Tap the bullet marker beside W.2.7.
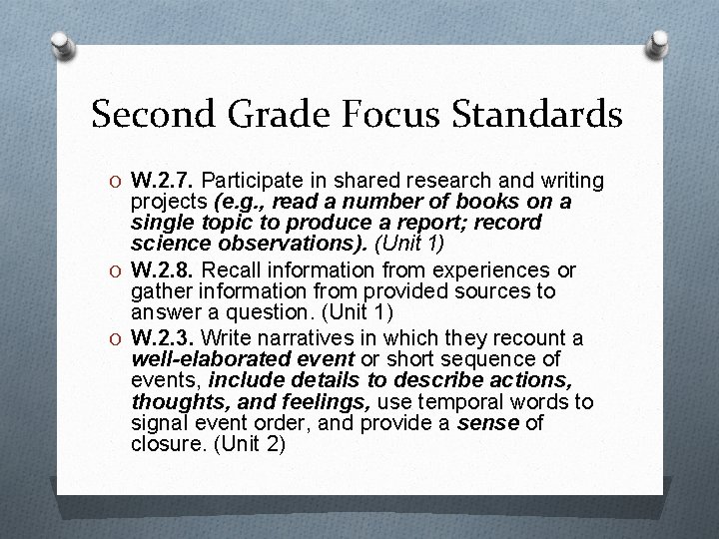(117, 181)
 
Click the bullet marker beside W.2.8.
(117, 270)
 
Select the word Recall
(231, 270)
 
